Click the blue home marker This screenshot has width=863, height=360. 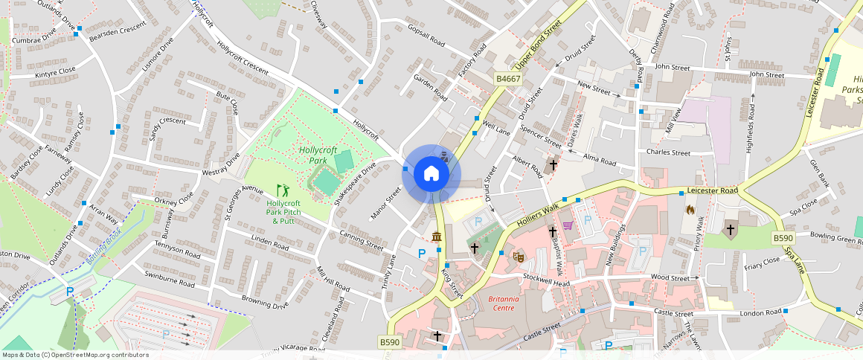tap(431, 174)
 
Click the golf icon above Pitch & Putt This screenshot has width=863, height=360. tap(281, 190)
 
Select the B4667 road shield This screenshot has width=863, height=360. tap(508, 78)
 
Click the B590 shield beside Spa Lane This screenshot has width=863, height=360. tap(782, 238)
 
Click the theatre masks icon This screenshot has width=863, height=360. tap(519, 256)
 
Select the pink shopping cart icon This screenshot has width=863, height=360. tap(568, 225)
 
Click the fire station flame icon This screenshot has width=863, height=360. tap(690, 210)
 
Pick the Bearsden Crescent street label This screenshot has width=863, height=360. tap(118, 28)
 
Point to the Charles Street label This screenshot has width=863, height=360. tap(668, 152)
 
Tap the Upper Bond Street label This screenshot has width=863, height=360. tap(547, 40)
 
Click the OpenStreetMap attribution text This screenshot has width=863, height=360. tap(75, 355)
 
